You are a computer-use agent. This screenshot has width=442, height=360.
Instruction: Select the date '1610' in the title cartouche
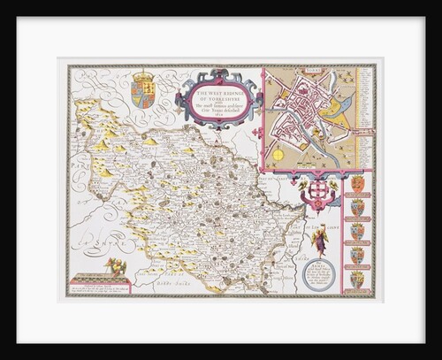(x=222, y=115)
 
